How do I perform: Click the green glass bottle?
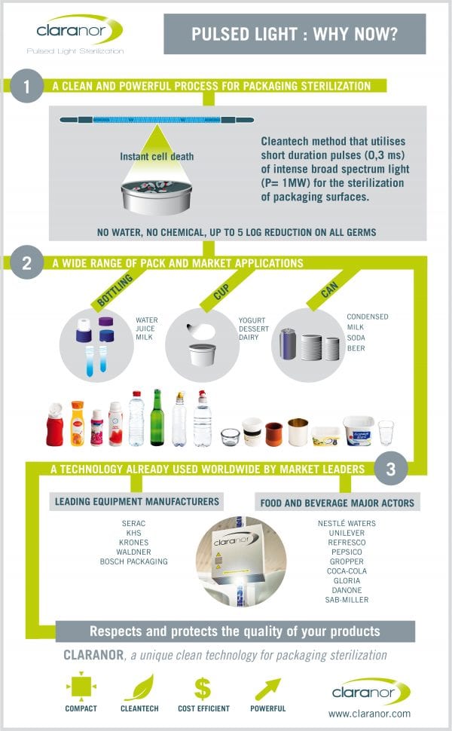click(x=157, y=418)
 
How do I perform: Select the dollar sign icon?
click(x=203, y=688)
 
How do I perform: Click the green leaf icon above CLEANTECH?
click(x=139, y=688)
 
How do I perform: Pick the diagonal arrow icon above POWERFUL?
click(x=268, y=688)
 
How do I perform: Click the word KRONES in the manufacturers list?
click(x=133, y=542)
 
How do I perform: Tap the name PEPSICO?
click(x=347, y=552)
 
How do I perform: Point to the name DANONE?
click(x=347, y=590)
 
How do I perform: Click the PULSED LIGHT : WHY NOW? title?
click(x=295, y=34)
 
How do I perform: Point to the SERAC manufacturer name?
click(x=133, y=523)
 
